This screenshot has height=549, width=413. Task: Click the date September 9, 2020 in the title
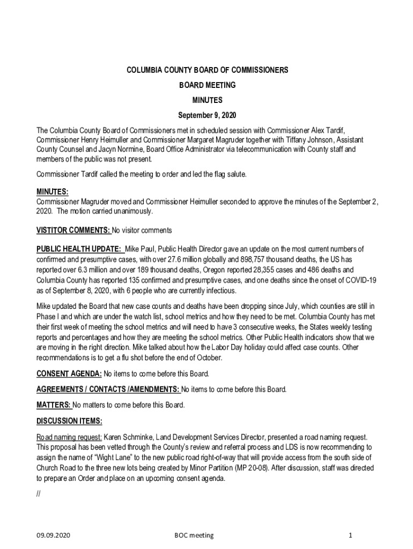coord(207,115)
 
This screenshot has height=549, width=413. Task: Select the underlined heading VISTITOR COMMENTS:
coord(73,231)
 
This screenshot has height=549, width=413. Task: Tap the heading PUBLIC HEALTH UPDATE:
coord(78,249)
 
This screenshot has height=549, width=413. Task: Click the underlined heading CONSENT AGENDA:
coord(69,374)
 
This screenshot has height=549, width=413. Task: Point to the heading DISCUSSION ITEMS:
coord(69,421)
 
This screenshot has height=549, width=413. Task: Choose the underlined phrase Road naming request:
coord(69,437)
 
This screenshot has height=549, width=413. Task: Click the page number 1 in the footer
coord(350,535)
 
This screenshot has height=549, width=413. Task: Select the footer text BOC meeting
coord(194,535)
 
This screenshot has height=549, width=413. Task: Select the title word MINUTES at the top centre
coord(207,100)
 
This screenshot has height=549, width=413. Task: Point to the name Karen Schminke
coord(126,437)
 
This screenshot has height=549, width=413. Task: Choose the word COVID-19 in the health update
coord(361,280)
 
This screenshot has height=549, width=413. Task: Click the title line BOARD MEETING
coord(207,85)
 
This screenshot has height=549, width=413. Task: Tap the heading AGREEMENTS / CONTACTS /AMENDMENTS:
coord(108,389)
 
